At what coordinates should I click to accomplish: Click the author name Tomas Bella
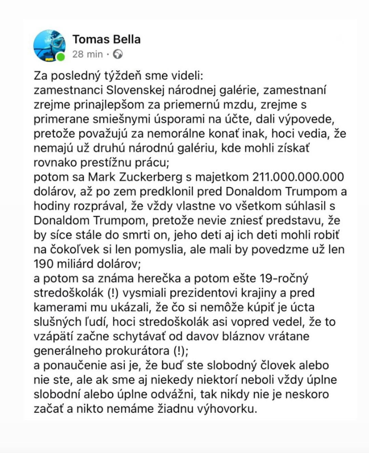[x=106, y=40]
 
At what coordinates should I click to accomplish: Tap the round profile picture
[x=49, y=46]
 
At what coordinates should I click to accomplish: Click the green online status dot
[x=61, y=57]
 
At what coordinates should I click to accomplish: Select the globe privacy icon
[x=118, y=54]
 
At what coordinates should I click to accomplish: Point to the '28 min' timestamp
[x=87, y=54]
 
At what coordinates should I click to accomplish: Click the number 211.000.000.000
[x=298, y=177]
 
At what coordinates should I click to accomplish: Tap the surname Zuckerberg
[x=151, y=177]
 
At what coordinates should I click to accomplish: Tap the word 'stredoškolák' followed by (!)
[x=68, y=293]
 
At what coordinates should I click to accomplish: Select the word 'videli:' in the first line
[x=186, y=75]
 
